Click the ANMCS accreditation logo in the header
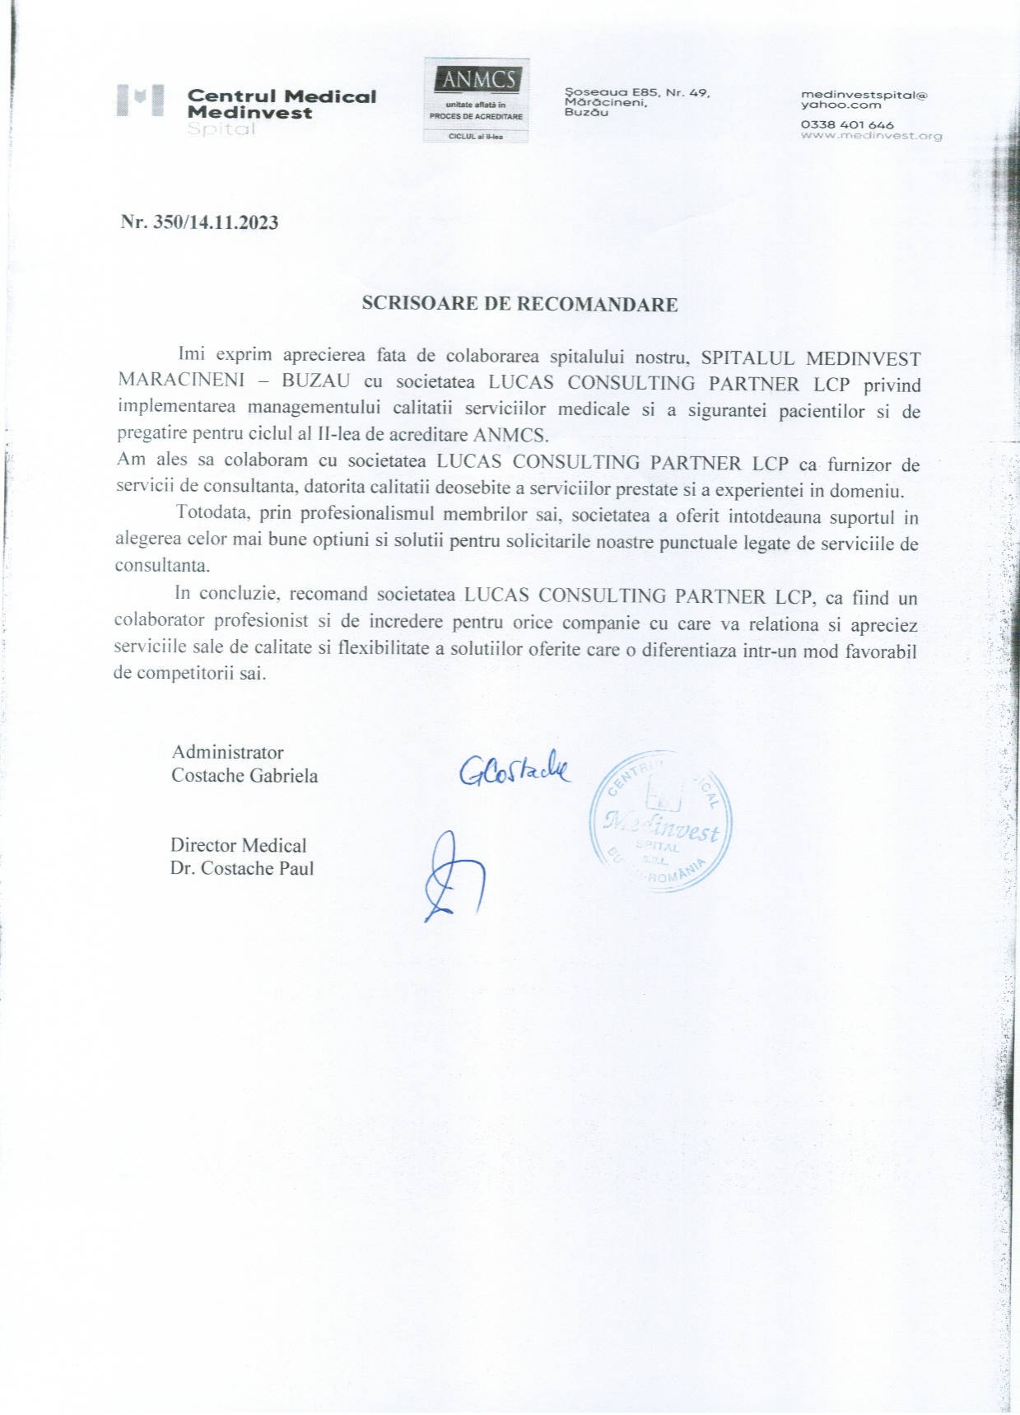coord(476,100)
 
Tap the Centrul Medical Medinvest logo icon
coord(141,102)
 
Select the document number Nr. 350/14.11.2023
coord(199,222)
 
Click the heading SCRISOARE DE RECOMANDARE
coord(519,304)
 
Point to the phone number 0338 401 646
coord(847,124)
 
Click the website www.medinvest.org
coord(871,136)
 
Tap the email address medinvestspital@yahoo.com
coord(864,99)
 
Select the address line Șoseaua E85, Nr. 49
coord(636,93)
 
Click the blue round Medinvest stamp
coord(661,820)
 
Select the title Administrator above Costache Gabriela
coord(227,752)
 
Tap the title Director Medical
coord(238,845)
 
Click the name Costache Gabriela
coord(245,775)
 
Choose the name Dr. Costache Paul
coord(242,868)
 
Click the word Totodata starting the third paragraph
coord(212,514)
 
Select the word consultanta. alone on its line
coord(162,566)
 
